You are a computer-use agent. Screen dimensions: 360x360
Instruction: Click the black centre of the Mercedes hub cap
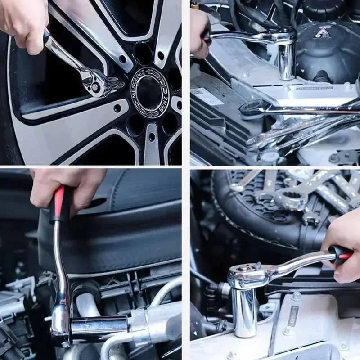point(148,93)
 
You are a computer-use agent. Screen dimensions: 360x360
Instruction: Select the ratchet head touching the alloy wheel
point(97,83)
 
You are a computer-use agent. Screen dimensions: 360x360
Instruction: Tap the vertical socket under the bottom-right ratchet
point(245,310)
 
